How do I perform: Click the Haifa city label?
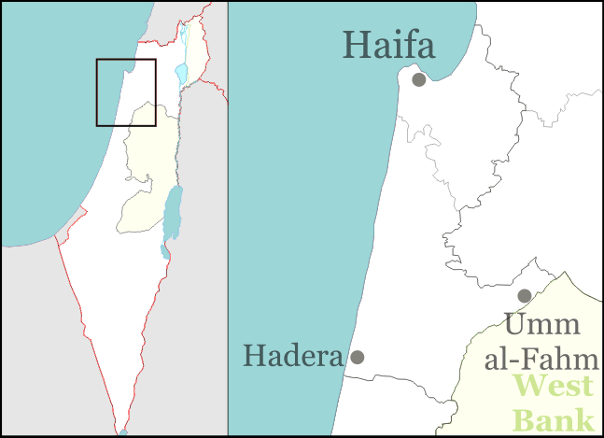click(389, 45)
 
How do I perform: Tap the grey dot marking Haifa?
click(419, 79)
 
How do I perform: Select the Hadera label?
click(292, 355)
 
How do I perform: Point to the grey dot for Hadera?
click(357, 357)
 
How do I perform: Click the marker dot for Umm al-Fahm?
click(525, 296)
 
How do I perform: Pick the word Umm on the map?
click(543, 326)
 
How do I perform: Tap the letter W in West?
click(528, 386)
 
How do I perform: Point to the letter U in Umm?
click(516, 326)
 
